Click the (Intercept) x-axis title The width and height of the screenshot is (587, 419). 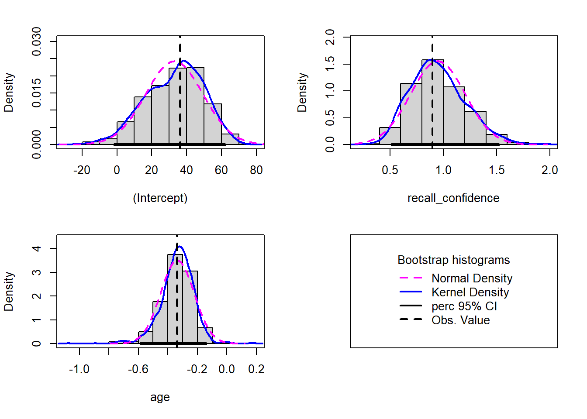pyautogui.click(x=160, y=198)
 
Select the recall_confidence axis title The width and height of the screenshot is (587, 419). pyautogui.click(x=453, y=198)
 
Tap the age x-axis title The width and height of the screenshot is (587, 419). pyautogui.click(x=160, y=397)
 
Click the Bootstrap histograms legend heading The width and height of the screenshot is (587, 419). pyautogui.click(x=453, y=260)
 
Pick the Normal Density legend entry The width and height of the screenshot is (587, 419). pyautogui.click(x=472, y=278)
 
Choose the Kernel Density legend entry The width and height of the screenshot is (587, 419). pyautogui.click(x=470, y=292)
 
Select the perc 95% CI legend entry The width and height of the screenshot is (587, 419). pyautogui.click(x=464, y=306)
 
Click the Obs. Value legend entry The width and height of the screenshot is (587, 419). pyautogui.click(x=460, y=320)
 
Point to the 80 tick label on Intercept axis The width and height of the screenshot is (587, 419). pyautogui.click(x=256, y=170)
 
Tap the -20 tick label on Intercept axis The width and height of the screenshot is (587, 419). pyautogui.click(x=82, y=170)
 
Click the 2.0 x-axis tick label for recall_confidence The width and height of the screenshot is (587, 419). pyautogui.click(x=549, y=170)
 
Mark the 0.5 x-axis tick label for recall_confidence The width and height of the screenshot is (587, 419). pyautogui.click(x=390, y=170)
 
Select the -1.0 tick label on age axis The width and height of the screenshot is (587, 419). pyautogui.click(x=79, y=369)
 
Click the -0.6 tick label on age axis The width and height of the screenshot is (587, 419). pyautogui.click(x=138, y=369)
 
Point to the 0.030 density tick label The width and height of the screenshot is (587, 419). pyautogui.click(x=37, y=41)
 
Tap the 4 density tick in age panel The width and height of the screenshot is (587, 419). pyautogui.click(x=37, y=248)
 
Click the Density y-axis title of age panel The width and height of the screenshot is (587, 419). pyautogui.click(x=9, y=291)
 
